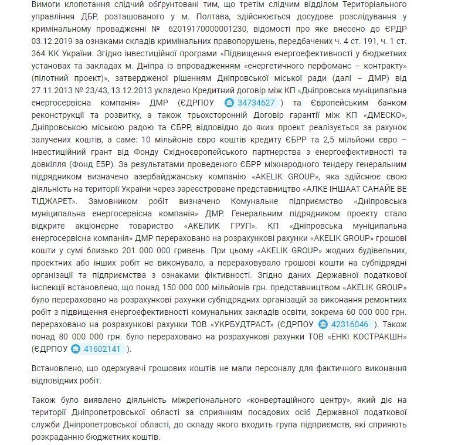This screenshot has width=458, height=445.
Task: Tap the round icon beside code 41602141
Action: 76,349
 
